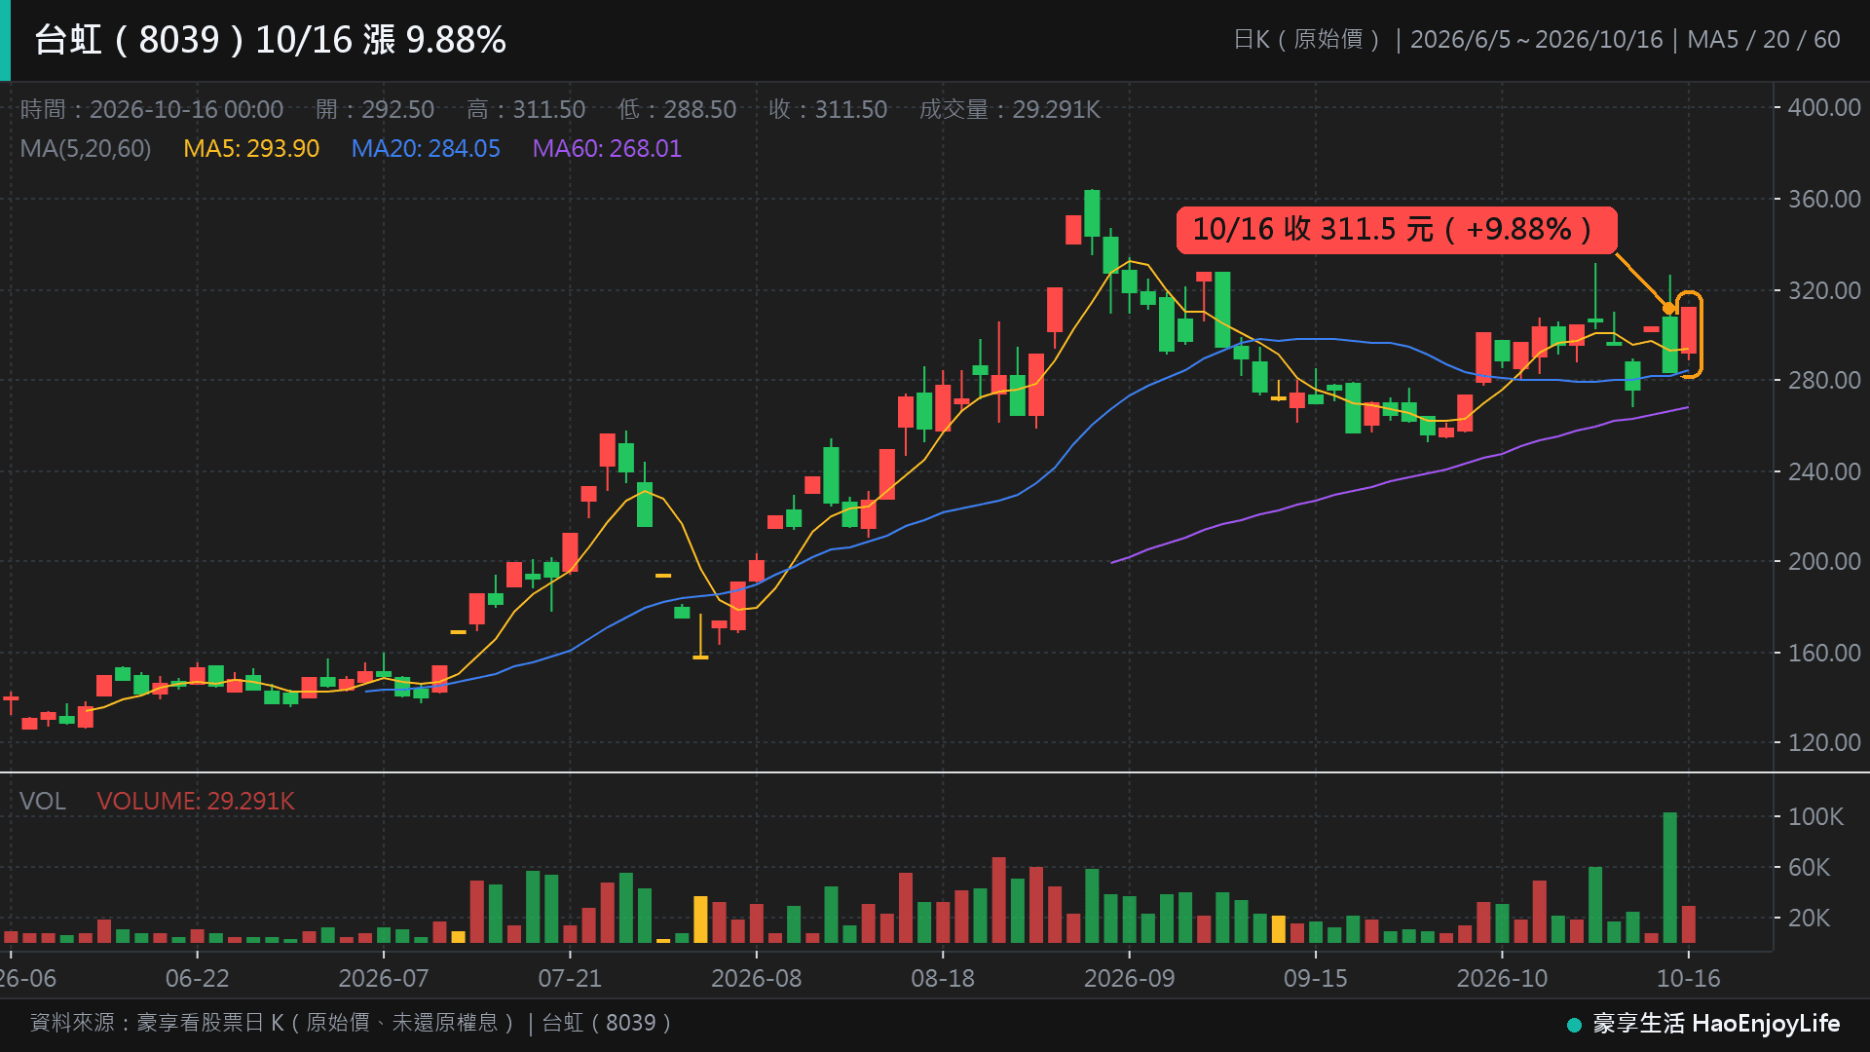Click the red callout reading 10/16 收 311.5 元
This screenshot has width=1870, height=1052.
tap(1397, 230)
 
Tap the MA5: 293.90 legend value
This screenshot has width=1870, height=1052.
tap(251, 149)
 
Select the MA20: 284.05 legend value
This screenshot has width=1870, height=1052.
tap(426, 149)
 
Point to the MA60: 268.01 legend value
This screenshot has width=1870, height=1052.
tap(607, 149)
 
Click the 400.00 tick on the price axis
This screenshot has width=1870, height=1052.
tap(1824, 108)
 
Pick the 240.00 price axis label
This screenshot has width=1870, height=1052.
tap(1824, 471)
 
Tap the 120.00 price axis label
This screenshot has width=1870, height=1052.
tap(1824, 743)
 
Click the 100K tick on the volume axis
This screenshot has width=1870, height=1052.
tap(1815, 817)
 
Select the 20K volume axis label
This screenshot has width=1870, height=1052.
tap(1809, 919)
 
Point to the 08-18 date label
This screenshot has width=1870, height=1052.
tap(943, 979)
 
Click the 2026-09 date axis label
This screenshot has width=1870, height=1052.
tap(1130, 979)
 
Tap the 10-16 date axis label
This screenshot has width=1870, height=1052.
tap(1689, 979)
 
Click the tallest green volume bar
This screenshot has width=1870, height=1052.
tap(1669, 878)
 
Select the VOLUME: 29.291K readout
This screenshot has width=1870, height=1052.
tap(196, 802)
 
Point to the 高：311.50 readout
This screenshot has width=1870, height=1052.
tap(526, 110)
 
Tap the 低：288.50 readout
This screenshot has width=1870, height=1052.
tap(677, 110)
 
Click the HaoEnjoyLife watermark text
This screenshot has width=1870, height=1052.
tap(1766, 1024)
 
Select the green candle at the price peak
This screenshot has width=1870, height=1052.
tap(1092, 213)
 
